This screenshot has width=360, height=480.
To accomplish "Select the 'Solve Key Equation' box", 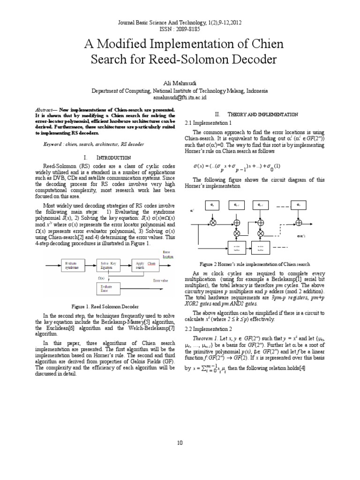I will [108, 266].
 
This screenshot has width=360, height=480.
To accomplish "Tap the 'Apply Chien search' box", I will [145, 265].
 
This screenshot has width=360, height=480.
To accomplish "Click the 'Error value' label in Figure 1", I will [161, 281].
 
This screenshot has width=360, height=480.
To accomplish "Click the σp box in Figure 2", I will [212, 205].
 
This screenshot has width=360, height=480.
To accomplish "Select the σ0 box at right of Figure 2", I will [298, 205].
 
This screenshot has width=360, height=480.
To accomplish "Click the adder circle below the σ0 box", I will [298, 222].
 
